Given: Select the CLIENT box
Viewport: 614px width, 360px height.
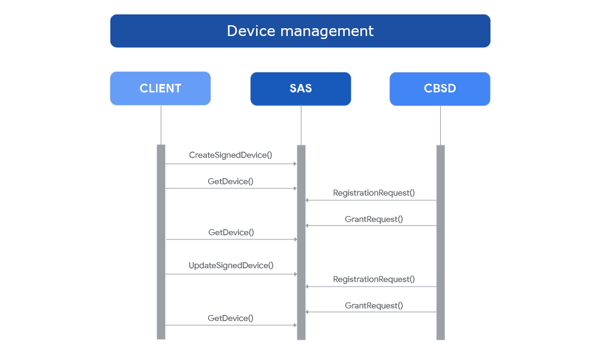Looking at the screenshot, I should (160, 89).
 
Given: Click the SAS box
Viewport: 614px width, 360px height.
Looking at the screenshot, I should (300, 89).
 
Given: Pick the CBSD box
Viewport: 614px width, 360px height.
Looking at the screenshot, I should (440, 89).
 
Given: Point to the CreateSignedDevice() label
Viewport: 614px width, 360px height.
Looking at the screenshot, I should (231, 155).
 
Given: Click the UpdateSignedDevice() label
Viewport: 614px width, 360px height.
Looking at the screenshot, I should (231, 265).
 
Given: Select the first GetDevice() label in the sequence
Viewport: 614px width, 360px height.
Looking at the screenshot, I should (231, 181).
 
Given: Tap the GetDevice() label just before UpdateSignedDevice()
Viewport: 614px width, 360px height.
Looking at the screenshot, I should (231, 232).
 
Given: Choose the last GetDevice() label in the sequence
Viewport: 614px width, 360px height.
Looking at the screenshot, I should (231, 318).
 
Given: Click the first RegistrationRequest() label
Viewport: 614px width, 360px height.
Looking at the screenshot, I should (374, 193).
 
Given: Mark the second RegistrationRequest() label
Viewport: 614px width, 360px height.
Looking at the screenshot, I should (374, 279).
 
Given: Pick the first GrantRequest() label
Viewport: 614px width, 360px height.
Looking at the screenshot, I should (374, 219).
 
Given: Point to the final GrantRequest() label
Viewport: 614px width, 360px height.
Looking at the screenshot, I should (374, 305).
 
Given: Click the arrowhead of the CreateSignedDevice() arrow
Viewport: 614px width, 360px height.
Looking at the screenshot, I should (294, 163).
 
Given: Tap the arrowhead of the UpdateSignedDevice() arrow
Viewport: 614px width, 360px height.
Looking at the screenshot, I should (294, 274).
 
